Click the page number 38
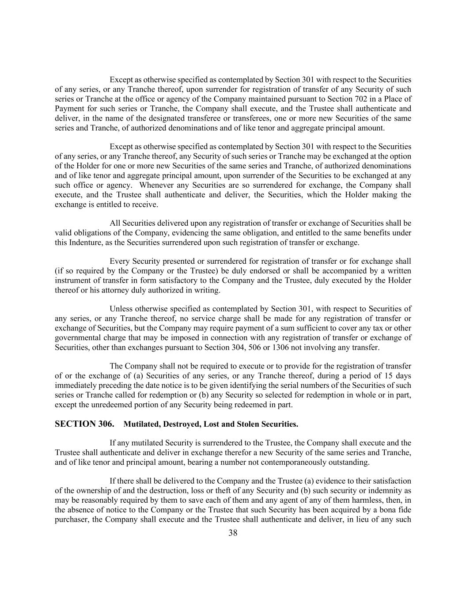pyautogui.click(x=233, y=533)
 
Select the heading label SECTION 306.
pyautogui.click(x=84, y=424)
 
